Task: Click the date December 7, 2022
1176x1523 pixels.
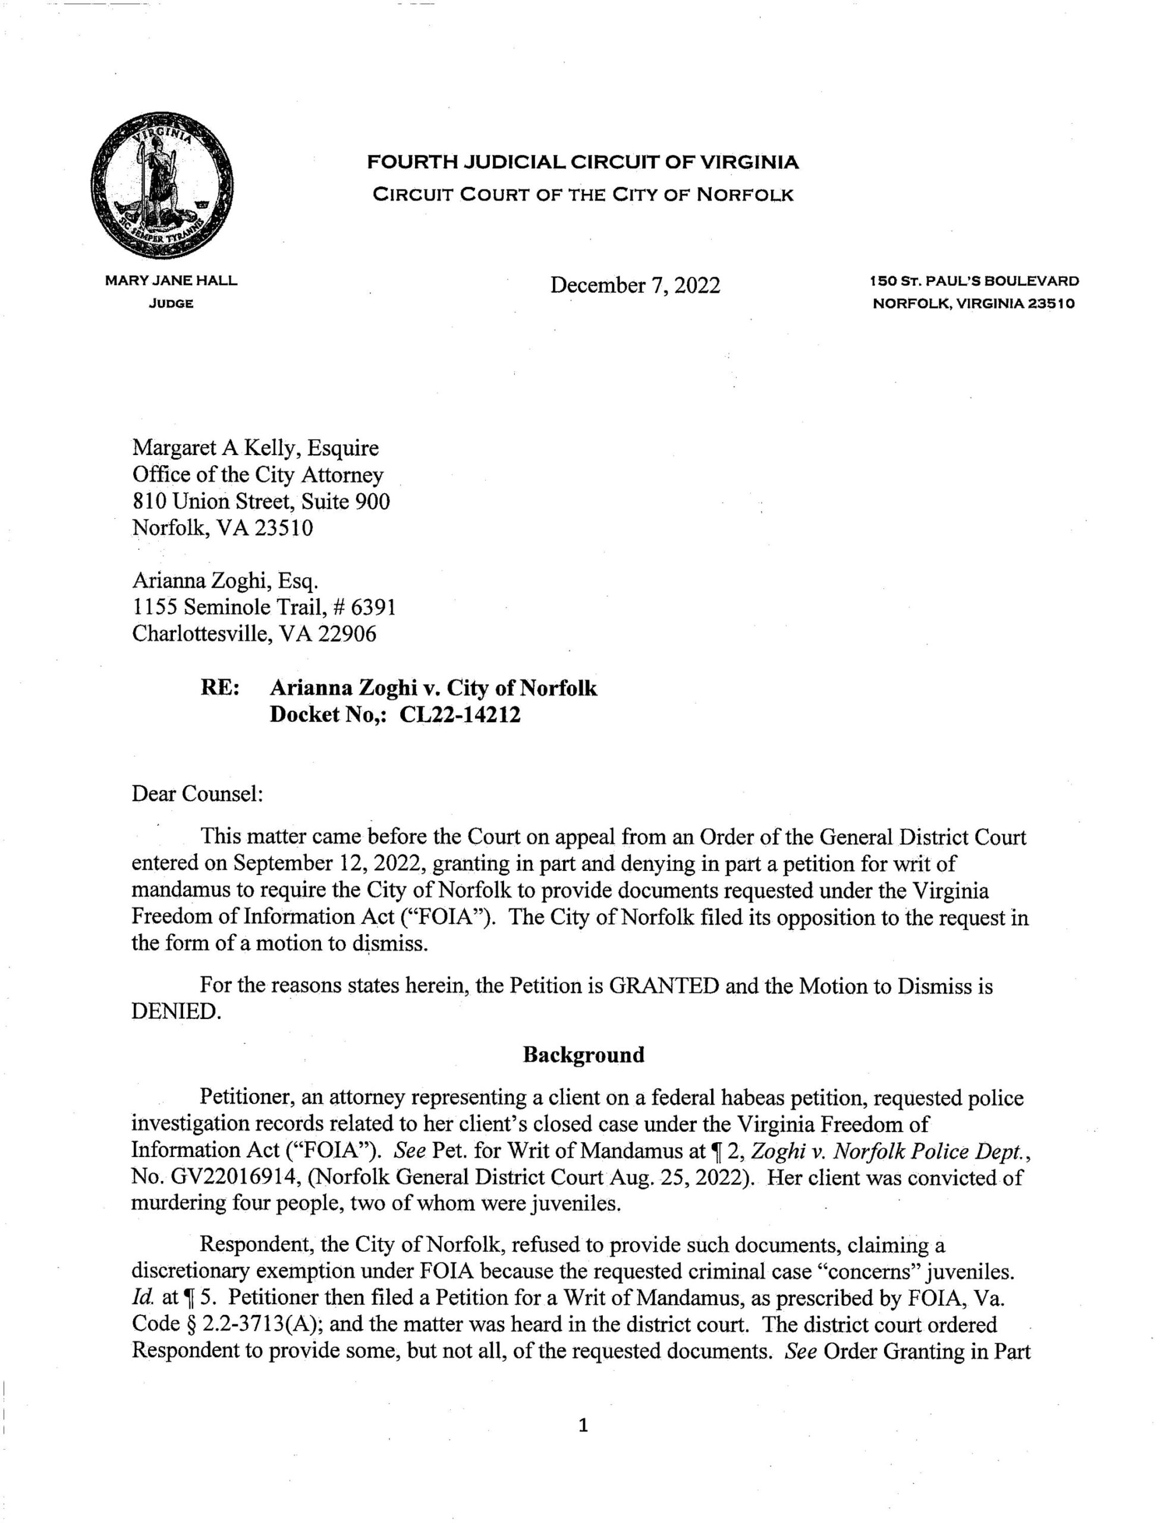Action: [634, 285]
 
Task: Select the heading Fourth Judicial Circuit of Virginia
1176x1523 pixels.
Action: [583, 162]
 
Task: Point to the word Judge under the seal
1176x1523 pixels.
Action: [171, 304]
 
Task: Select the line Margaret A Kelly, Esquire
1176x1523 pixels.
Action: [255, 448]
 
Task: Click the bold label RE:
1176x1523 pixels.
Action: [221, 688]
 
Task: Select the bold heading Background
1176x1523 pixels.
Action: [583, 1055]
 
